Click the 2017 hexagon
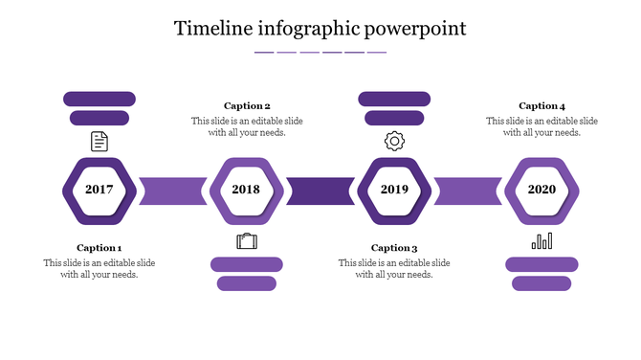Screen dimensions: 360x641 [99, 190]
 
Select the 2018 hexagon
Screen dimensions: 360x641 [247, 190]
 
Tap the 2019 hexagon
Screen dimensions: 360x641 [394, 190]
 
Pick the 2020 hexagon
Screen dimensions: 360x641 [542, 190]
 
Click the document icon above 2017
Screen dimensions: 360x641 [99, 142]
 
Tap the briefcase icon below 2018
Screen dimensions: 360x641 [247, 240]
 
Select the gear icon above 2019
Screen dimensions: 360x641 [394, 142]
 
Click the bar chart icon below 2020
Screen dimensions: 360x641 [542, 240]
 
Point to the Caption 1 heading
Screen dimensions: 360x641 [99, 248]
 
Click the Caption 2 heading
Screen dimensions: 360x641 [247, 106]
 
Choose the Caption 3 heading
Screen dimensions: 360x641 [394, 248]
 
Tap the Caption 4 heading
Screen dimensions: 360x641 [542, 106]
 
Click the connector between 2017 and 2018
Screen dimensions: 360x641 [173, 191]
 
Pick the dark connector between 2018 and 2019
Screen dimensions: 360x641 [320, 191]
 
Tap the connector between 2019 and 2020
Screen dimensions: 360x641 [468, 191]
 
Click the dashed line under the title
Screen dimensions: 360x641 [320, 52]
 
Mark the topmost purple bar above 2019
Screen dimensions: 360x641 [394, 98]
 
